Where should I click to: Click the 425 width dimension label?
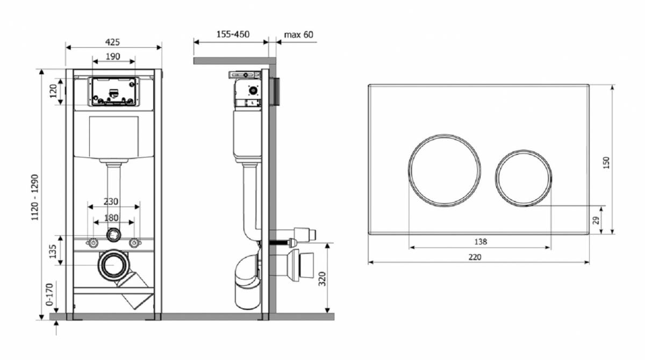[x=112, y=42]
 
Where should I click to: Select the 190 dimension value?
[x=112, y=56]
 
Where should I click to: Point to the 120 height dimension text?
[x=53, y=91]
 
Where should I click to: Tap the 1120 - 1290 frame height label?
[x=35, y=197]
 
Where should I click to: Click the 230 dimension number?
[x=111, y=201]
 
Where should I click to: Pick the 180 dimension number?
[x=111, y=218]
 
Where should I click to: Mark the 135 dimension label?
[x=53, y=251]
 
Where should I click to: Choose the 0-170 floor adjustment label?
[x=49, y=294]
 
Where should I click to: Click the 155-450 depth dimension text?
[x=233, y=34]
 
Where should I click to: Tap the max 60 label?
[x=299, y=34]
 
